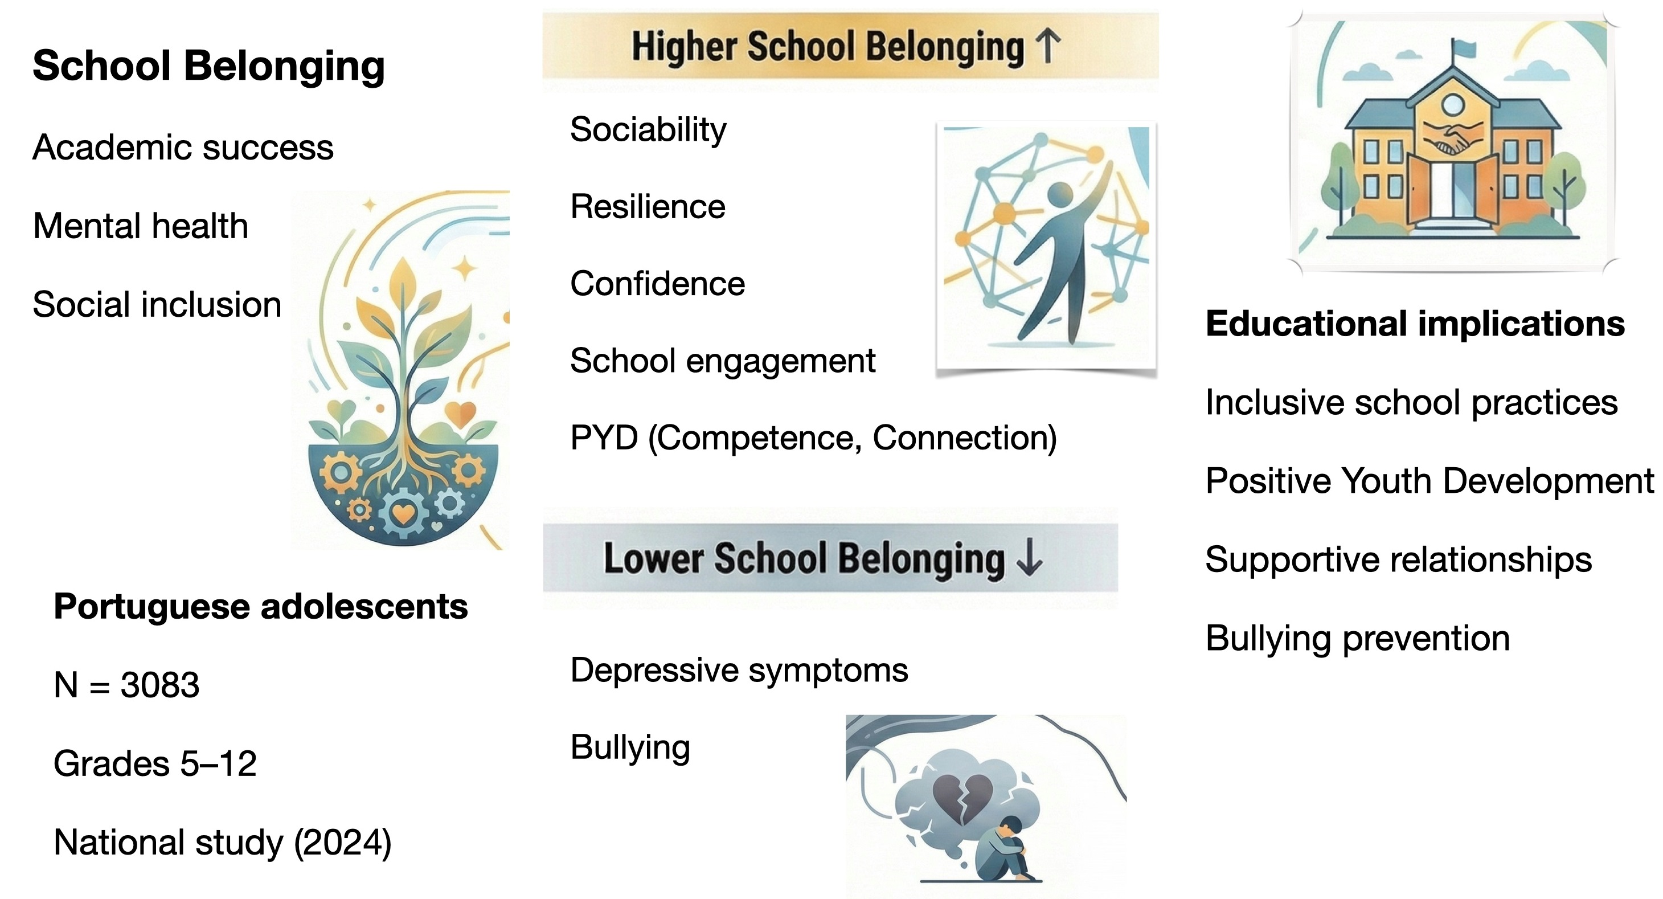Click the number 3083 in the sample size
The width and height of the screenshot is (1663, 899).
[159, 685]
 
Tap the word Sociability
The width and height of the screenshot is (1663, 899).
[648, 130]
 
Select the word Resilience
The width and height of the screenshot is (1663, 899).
[648, 207]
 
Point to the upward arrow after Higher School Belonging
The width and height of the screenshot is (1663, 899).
[1047, 47]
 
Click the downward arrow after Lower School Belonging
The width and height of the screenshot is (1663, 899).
[1029, 557]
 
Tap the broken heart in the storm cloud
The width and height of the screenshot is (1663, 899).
[962, 798]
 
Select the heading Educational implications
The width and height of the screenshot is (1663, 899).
[1415, 324]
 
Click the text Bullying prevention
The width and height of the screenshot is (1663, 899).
[1357, 638]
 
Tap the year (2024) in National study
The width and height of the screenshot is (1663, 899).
[342, 842]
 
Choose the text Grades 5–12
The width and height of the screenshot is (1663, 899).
[155, 763]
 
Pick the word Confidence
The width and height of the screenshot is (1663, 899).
[657, 284]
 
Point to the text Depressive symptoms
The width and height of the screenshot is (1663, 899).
[739, 670]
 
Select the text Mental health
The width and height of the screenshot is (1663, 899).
[140, 226]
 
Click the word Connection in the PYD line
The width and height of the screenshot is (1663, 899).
[964, 438]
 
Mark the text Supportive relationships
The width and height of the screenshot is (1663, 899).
[1398, 559]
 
